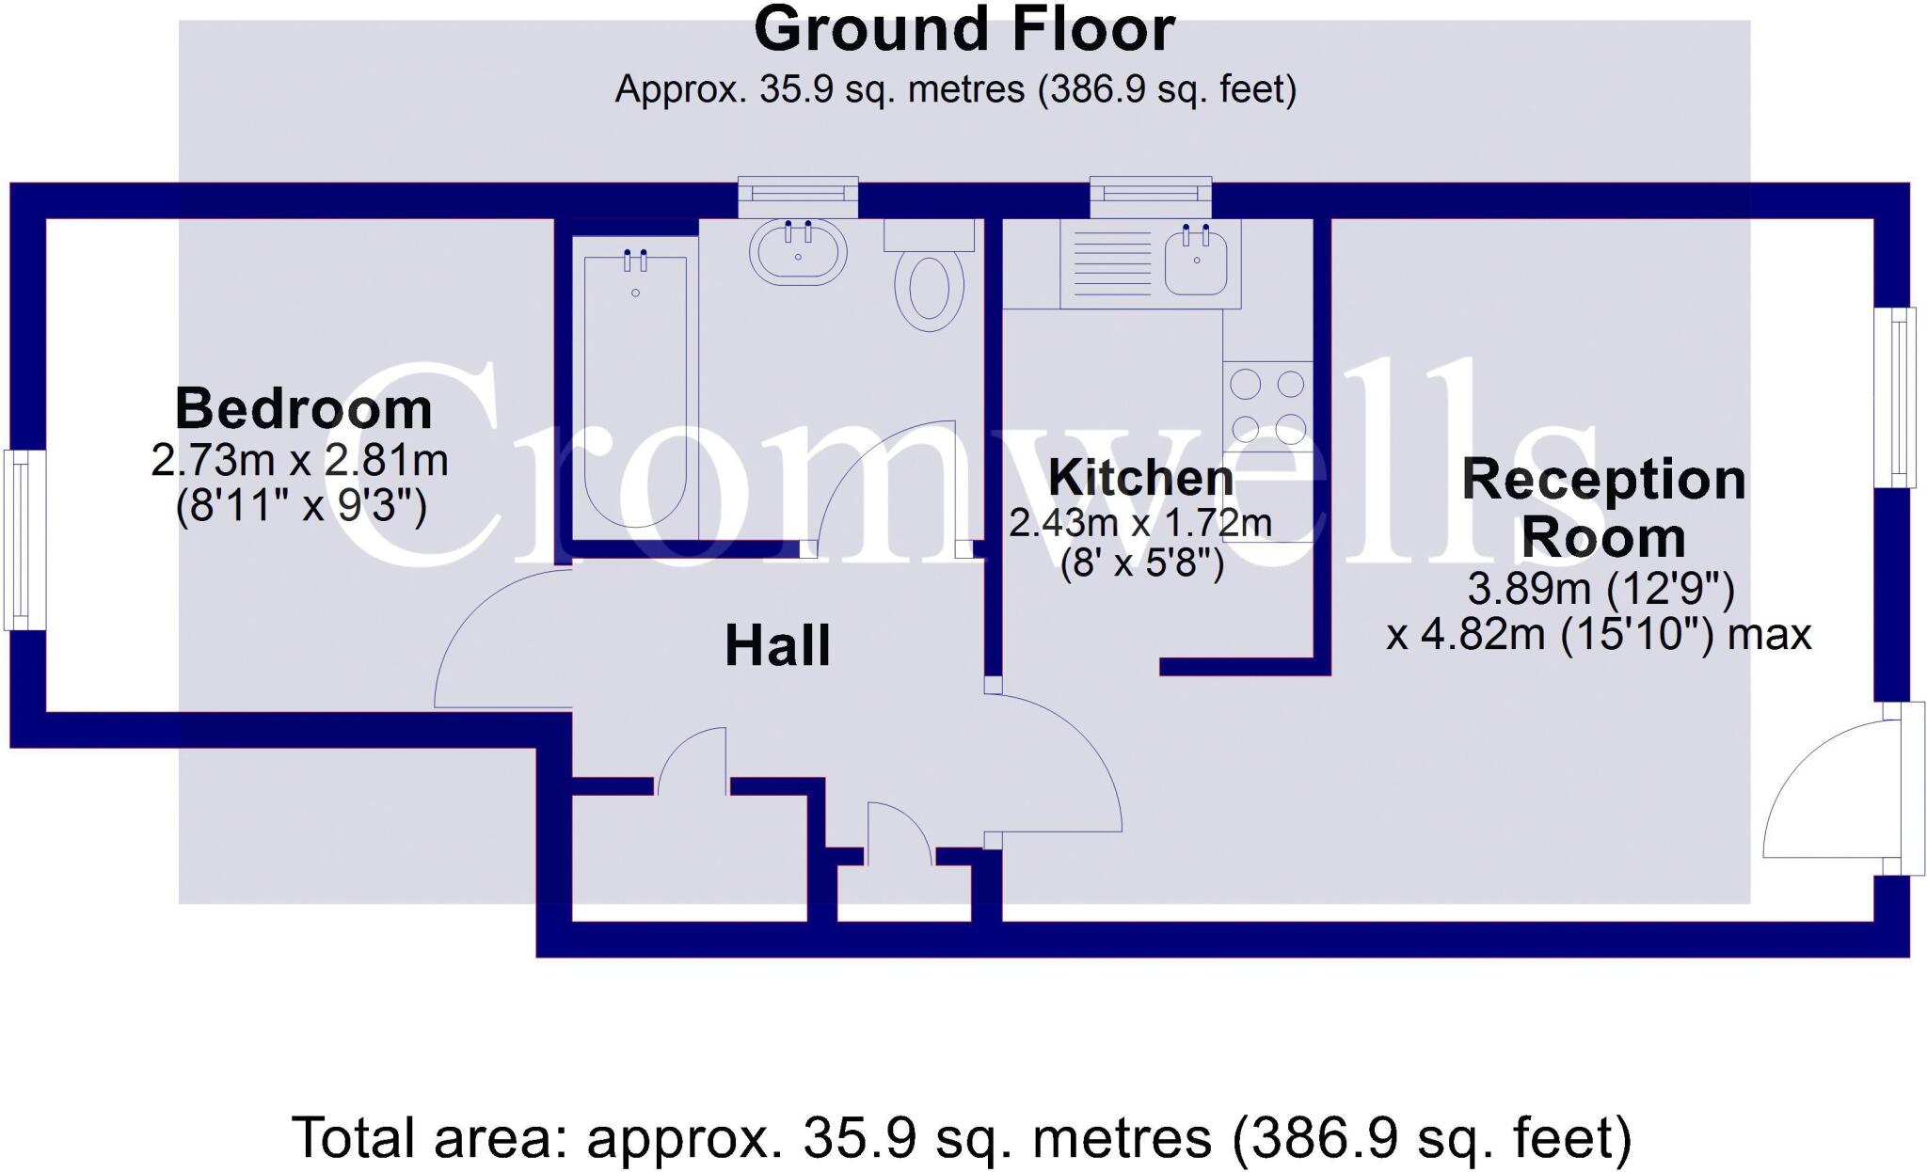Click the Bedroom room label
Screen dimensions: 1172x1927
303,409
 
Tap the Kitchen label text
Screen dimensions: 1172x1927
1140,478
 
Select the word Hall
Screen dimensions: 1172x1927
777,646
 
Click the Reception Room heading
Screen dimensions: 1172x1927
1603,508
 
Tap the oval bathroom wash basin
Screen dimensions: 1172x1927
798,252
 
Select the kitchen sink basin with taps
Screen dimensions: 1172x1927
1196,261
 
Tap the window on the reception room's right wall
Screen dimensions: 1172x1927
1895,397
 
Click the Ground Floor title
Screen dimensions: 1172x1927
963,30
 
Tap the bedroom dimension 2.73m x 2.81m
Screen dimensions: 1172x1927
299,461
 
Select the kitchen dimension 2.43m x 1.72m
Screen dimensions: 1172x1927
1140,523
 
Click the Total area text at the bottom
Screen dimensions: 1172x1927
962,1138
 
